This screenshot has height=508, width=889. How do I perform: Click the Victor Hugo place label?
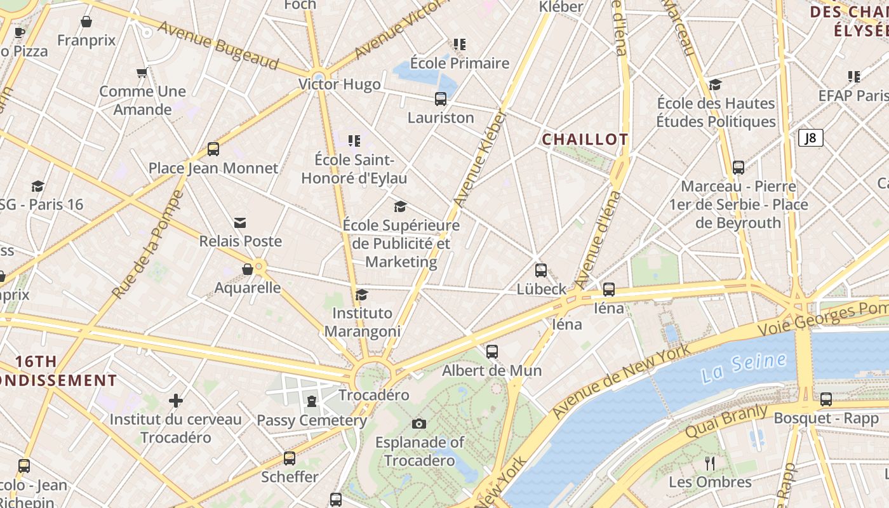[x=340, y=84]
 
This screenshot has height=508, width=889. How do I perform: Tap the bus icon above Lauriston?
[x=441, y=99]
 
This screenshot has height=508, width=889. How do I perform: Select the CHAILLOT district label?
[x=585, y=140]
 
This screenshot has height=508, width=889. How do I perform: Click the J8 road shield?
[x=810, y=138]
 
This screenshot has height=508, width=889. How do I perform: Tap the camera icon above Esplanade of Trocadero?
[x=419, y=424]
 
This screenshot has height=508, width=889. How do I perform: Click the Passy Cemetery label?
[x=312, y=420]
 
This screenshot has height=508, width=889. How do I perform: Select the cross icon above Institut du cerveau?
[x=176, y=401]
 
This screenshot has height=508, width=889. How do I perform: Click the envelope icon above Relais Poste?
[x=240, y=223]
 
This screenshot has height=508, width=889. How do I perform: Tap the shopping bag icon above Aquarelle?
[x=248, y=269]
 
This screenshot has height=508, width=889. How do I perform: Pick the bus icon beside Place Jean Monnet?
[x=213, y=150]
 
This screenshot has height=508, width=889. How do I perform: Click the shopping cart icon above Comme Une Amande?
[x=142, y=73]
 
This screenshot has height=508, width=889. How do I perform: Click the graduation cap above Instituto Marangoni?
[x=362, y=295]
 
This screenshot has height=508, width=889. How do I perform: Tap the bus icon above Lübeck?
[x=541, y=271]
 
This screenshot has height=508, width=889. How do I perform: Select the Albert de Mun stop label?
[x=492, y=370]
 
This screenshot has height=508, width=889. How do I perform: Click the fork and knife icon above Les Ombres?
[x=710, y=464]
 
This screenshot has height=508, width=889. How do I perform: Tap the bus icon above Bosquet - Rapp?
[x=826, y=399]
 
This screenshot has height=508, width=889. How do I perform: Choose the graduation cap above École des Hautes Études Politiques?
[x=716, y=85]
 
